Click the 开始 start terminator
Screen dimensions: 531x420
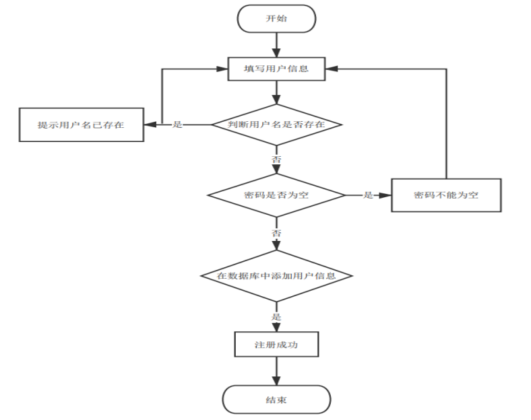[276, 19]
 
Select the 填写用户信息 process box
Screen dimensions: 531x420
[276, 69]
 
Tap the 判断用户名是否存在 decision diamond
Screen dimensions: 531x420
[276, 125]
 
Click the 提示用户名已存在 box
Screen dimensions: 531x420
[82, 125]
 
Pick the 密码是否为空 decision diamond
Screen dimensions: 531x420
[276, 195]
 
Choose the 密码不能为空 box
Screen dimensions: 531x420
[446, 195]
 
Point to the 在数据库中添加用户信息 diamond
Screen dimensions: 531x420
[276, 276]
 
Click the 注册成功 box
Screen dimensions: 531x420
[276, 344]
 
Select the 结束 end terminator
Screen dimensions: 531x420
[276, 399]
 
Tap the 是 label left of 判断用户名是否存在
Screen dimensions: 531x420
[177, 125]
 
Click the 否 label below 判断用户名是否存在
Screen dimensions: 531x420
[276, 159]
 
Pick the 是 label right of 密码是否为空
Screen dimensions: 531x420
[368, 195]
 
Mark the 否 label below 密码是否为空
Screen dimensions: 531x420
[276, 233]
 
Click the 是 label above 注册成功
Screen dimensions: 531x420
[276, 317]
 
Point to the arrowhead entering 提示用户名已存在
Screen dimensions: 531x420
[150, 125]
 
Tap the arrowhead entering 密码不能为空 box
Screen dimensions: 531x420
[385, 195]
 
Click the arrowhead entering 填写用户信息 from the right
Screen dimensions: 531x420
[332, 69]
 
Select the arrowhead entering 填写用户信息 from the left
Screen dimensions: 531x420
[222, 69]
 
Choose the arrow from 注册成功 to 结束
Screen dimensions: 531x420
[276, 371]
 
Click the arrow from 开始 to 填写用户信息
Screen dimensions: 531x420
[276, 45]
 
